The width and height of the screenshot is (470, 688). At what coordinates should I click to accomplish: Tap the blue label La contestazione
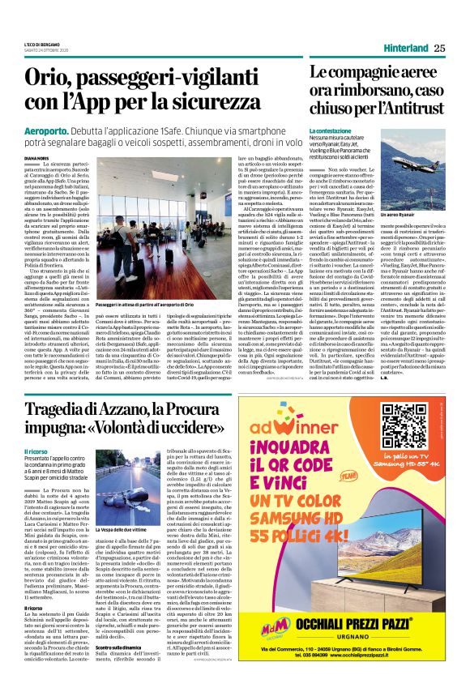tap(329, 130)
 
